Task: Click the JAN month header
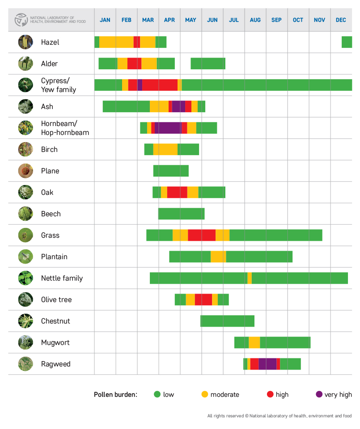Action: pos(105,20)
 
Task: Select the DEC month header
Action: pos(341,20)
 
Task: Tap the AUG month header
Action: pos(255,20)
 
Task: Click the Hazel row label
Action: pos(50,42)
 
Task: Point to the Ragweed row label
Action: pos(55,364)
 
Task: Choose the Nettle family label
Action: pos(62,278)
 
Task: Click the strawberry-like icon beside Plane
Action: pos(25,171)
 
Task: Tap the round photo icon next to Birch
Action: pos(25,149)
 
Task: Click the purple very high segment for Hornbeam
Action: pos(168,128)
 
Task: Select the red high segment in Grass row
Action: pos(202,235)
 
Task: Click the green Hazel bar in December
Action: pos(347,42)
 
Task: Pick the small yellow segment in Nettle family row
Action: pos(250,278)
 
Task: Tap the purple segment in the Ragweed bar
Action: pos(267,364)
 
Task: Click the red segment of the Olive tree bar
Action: pos(203,299)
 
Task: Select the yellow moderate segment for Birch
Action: pos(165,149)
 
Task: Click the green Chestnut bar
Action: pos(227,321)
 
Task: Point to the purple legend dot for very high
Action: pos(319,394)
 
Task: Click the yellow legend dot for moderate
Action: pos(205,394)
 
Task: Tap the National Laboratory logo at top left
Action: pos(21,20)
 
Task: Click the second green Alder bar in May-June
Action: pos(208,63)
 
